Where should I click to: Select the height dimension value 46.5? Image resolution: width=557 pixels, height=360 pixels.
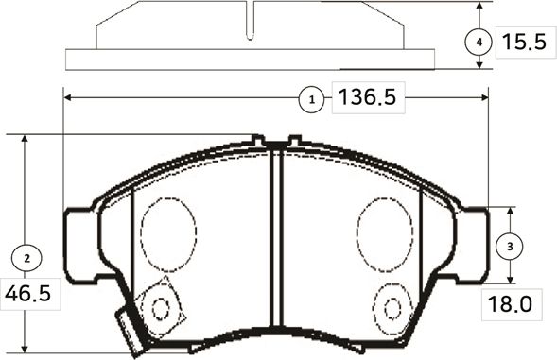coord(27,293)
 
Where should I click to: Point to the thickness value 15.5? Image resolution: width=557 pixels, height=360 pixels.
coord(524,43)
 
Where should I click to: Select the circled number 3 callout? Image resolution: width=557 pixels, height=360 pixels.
coord(510,246)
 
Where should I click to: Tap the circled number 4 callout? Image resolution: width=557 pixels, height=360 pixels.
coord(479,43)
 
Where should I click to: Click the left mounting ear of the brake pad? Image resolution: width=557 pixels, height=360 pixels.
coord(79,244)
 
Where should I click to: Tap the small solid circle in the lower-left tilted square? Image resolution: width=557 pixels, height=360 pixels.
coord(160,307)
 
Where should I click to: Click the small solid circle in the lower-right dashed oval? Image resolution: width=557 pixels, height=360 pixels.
coord(391,306)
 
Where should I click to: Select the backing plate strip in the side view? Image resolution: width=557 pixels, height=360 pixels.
coord(250,60)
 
